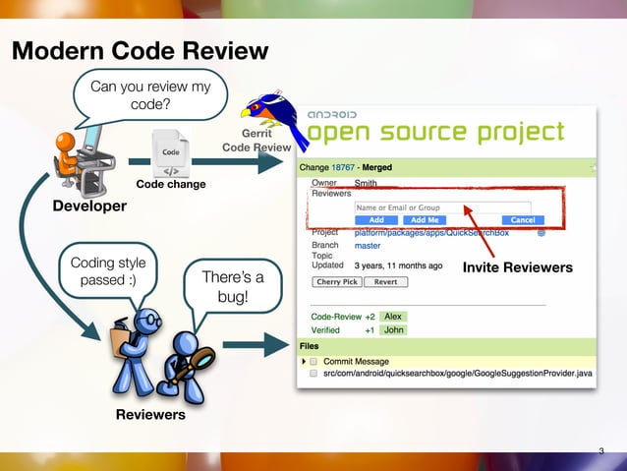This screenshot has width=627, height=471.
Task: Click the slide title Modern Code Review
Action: point(140,50)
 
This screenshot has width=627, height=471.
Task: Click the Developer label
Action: point(89,206)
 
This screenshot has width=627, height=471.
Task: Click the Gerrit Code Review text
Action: point(256,140)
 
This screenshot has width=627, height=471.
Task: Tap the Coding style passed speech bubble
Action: point(108,272)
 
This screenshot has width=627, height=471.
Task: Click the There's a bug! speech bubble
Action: point(232,286)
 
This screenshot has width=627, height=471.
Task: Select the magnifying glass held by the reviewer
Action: point(200,361)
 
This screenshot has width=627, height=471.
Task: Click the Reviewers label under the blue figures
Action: point(150,415)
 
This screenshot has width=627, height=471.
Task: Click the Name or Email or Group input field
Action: point(442,207)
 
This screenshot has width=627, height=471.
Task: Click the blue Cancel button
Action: point(523,220)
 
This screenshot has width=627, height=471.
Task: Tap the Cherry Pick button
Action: point(337,282)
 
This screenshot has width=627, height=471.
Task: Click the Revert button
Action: point(385,282)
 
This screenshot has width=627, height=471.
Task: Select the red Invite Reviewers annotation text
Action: point(517,267)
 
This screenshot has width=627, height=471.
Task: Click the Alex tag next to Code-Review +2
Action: point(393,317)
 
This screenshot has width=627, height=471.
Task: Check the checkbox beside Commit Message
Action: point(313,361)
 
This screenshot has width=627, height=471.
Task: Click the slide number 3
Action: point(601,452)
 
